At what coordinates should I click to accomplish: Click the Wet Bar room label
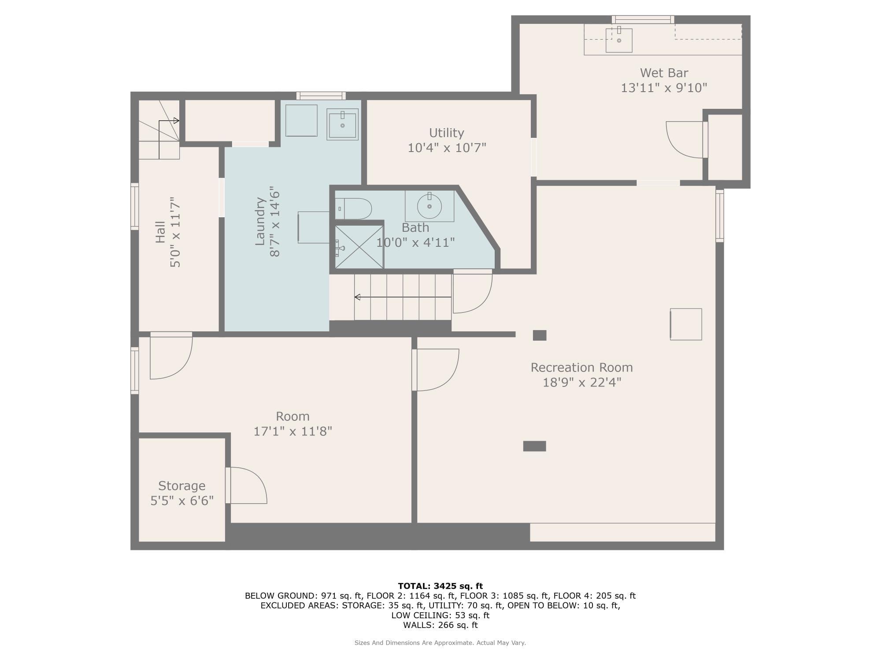664,73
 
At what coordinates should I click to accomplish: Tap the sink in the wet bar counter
619,40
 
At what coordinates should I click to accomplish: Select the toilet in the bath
354,208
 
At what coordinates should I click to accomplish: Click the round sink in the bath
429,206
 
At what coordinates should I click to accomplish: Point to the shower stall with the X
359,247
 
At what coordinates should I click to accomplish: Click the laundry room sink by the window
342,124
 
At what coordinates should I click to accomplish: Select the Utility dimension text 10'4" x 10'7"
447,148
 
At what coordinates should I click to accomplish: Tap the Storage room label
181,486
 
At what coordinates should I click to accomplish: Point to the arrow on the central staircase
358,297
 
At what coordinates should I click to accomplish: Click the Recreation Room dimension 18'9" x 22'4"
581,382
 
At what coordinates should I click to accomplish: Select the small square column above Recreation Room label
540,335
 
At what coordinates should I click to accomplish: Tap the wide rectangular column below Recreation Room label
534,446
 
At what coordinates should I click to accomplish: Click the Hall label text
160,232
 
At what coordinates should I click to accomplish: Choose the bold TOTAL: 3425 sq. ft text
440,586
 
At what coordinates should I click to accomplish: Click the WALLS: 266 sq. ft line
440,625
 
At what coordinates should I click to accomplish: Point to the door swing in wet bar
684,139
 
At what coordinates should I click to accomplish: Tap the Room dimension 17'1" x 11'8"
292,431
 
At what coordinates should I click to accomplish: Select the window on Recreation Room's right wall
719,215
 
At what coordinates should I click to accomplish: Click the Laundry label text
260,221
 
